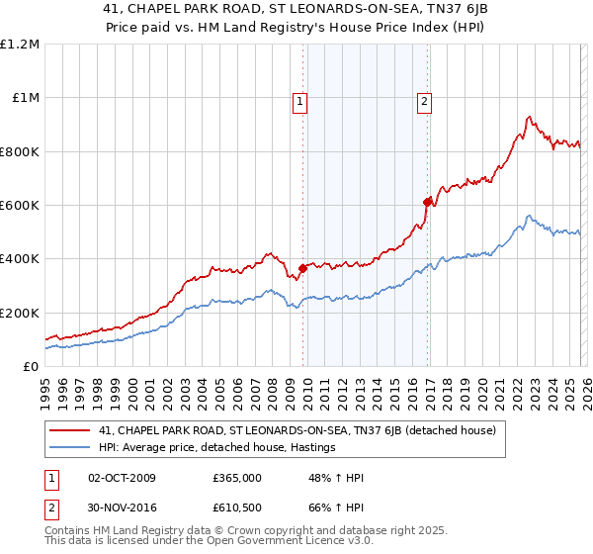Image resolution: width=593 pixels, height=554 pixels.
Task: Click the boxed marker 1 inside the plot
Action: (x=299, y=99)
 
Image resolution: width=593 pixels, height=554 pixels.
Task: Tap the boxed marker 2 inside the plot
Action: (x=424, y=99)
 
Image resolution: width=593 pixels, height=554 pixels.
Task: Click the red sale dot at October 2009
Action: (x=302, y=268)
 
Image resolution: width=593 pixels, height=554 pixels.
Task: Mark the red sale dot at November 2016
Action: (x=427, y=202)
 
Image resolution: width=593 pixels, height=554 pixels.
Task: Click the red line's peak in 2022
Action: (x=529, y=118)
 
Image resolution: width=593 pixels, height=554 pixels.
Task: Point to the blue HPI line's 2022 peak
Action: (x=529, y=216)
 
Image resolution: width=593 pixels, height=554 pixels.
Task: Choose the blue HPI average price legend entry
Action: (x=217, y=447)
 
